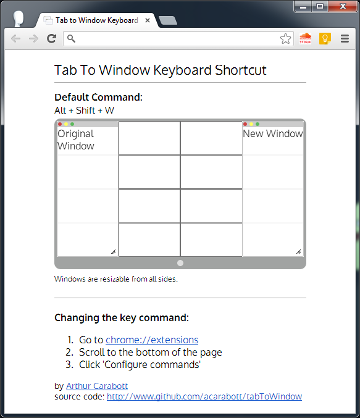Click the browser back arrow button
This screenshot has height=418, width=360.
click(15, 39)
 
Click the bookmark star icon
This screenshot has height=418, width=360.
click(285, 39)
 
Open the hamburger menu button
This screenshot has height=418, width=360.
click(345, 39)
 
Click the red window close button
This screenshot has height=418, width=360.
click(340, 6)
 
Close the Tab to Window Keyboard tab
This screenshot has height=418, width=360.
click(148, 20)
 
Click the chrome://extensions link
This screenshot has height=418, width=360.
click(152, 340)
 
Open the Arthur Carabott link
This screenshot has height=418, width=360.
click(96, 386)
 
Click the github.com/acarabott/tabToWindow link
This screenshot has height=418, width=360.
click(204, 396)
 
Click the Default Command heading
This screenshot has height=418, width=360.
click(98, 98)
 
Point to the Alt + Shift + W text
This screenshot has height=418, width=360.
click(84, 111)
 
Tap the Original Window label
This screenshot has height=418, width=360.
click(76, 140)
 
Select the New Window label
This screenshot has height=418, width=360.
click(272, 133)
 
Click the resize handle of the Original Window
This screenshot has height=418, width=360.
click(113, 251)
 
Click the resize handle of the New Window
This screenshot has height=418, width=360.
click(298, 251)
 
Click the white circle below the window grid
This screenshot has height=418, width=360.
click(180, 263)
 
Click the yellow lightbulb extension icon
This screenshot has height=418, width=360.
click(325, 39)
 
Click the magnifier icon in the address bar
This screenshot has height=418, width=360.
click(71, 39)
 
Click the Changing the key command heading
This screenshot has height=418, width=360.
click(121, 317)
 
